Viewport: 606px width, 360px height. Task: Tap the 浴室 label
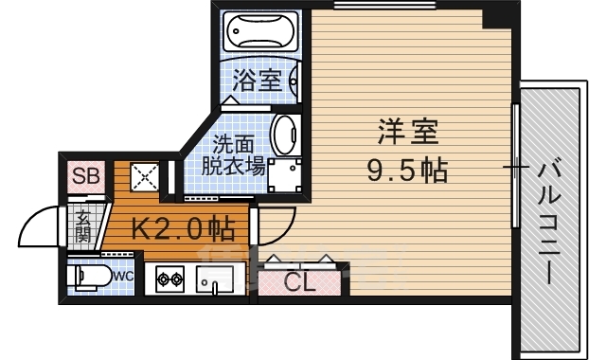point(258,81)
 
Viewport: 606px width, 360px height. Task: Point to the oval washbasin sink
point(283,135)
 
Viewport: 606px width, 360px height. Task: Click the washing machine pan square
point(284,175)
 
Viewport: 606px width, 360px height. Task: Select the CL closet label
point(301,281)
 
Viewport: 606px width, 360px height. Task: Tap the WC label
point(124,276)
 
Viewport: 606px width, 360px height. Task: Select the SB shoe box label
point(85,176)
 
